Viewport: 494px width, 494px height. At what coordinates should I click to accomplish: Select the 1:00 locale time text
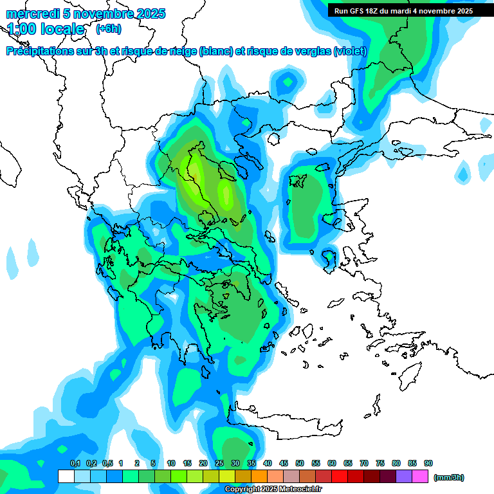pos(46,29)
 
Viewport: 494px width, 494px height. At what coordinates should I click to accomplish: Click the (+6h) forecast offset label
pos(108,29)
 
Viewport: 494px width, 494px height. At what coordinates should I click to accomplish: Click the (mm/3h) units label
pos(449,477)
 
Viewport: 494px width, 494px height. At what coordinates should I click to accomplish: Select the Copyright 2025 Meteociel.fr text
pos(273,489)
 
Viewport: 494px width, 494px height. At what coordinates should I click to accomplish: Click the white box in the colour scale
pos(66,477)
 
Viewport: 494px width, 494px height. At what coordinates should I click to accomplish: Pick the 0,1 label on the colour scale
pos(75,463)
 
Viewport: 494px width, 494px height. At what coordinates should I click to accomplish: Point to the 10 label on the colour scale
pos(171,463)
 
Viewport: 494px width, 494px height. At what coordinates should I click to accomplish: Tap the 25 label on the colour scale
pos(219,463)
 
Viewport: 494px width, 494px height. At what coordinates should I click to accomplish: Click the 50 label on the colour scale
pos(300,463)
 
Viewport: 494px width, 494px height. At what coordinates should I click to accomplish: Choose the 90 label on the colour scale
pos(428,463)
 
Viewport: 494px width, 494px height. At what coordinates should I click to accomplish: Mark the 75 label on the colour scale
pos(380,463)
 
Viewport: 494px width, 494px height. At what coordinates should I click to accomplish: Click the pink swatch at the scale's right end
pos(420,477)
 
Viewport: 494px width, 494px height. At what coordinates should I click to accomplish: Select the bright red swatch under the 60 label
pos(340,477)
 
